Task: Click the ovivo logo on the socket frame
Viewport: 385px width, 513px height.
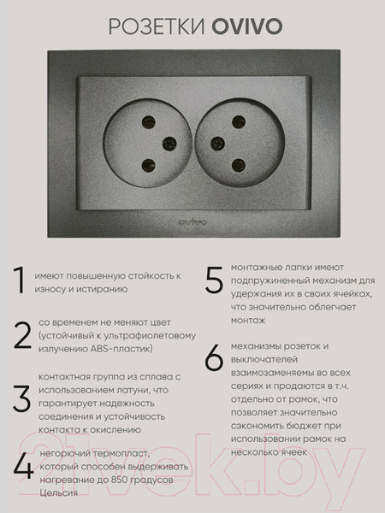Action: [x=192, y=223]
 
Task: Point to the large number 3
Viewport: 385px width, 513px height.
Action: [x=21, y=398]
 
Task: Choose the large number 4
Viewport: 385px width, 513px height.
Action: [x=23, y=468]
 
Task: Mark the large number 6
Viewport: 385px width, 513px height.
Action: [x=214, y=360]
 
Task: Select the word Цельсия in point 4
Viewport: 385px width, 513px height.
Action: [x=58, y=493]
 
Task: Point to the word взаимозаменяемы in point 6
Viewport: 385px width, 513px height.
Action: [x=271, y=372]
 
